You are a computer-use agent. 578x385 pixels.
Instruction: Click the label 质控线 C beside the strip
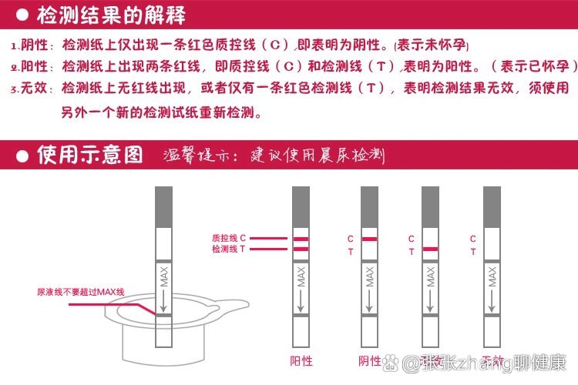pyautogui.click(x=228, y=239)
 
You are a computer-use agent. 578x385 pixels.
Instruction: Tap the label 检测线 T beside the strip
pyautogui.click(x=228, y=249)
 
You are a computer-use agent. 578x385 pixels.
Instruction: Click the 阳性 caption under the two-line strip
pyautogui.click(x=302, y=360)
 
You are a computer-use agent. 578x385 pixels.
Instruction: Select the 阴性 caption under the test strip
pyautogui.click(x=369, y=360)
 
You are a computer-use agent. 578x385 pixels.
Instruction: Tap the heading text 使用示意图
pyautogui.click(x=90, y=154)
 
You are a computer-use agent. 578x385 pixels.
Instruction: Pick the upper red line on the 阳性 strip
pyautogui.click(x=301, y=239)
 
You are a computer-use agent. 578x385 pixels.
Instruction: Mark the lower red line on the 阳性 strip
pyautogui.click(x=301, y=249)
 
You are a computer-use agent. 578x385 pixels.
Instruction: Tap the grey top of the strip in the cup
pyautogui.click(x=163, y=206)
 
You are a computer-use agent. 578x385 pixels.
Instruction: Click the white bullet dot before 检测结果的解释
pyautogui.click(x=22, y=16)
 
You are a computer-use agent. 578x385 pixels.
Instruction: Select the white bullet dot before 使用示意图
pyautogui.click(x=22, y=155)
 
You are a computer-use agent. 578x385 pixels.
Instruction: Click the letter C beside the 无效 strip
pyautogui.click(x=472, y=239)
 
